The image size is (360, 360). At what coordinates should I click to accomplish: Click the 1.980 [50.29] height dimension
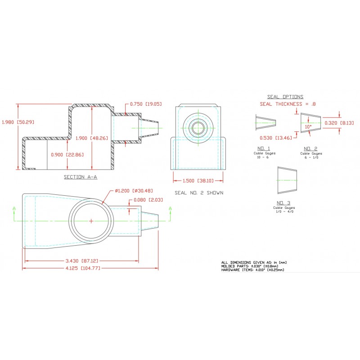(x=18, y=122)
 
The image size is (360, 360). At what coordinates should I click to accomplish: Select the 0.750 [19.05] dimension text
(x=146, y=104)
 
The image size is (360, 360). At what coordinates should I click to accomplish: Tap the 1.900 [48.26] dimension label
(x=92, y=138)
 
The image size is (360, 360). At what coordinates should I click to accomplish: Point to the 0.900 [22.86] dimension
(x=67, y=154)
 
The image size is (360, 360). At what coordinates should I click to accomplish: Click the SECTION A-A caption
(x=81, y=177)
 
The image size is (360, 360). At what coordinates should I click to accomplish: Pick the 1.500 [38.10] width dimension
(x=198, y=181)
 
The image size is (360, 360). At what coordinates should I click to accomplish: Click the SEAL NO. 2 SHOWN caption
(x=199, y=193)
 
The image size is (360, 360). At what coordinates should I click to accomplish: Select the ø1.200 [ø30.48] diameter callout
(x=134, y=190)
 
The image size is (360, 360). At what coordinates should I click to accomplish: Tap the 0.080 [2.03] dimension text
(x=148, y=200)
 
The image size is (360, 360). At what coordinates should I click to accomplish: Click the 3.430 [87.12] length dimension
(x=82, y=261)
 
